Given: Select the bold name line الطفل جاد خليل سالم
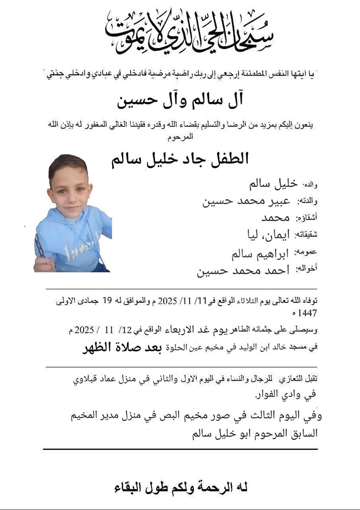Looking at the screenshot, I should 180,158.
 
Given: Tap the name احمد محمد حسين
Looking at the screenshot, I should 243,270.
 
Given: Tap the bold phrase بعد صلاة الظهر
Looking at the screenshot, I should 118,349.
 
